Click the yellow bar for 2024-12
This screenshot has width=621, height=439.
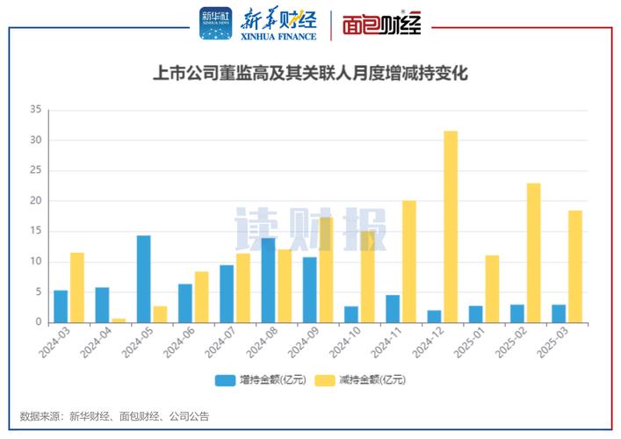coord(451,227)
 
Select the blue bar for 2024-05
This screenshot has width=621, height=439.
coord(143,279)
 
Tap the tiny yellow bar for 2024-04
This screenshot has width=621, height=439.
coord(119,320)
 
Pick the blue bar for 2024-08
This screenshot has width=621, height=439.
coord(268,280)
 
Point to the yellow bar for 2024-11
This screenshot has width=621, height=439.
coord(408,262)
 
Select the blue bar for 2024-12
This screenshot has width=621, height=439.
coord(434,316)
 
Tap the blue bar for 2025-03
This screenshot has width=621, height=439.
coord(559,313)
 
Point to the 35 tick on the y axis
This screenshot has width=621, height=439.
coord(35,110)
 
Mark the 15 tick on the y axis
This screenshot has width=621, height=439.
coord(35,231)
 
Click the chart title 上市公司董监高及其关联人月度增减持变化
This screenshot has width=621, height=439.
coord(310,75)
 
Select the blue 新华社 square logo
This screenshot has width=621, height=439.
coord(216,24)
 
